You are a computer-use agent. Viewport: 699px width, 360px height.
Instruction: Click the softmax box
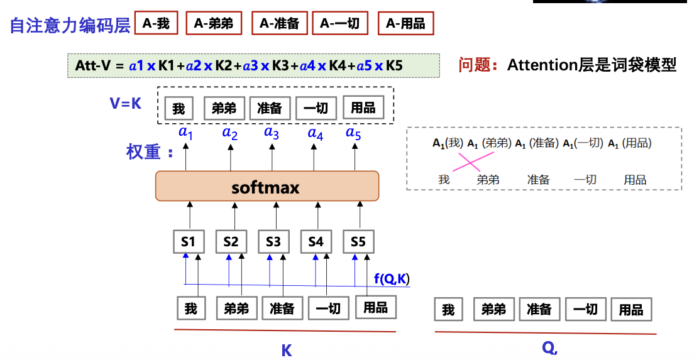[x=267, y=187]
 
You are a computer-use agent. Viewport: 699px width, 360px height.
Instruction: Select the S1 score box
[x=189, y=242]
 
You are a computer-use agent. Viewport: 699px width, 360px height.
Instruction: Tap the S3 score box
[x=273, y=242]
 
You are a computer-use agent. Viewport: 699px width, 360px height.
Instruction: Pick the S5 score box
[x=358, y=242]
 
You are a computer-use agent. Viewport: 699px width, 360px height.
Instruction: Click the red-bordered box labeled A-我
[x=157, y=24]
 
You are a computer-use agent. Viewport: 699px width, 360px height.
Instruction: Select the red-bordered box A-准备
[x=280, y=24]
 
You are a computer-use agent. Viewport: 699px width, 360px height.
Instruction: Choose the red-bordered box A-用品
[x=405, y=24]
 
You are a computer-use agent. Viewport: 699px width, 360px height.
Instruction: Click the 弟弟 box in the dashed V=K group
[x=224, y=108]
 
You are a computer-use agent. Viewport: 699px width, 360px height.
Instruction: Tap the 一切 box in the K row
[x=327, y=308]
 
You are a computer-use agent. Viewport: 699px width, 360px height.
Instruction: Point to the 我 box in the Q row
[x=448, y=310]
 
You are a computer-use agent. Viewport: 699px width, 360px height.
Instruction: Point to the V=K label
[x=126, y=104]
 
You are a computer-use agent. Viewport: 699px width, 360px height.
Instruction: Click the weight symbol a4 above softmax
[x=315, y=133]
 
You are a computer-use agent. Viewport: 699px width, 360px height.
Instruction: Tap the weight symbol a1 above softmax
[x=185, y=133]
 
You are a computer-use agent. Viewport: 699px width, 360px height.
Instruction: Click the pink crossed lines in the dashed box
[x=467, y=163]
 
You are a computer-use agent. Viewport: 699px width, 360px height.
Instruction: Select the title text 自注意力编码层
[x=70, y=25]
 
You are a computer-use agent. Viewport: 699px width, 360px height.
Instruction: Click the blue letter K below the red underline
[x=287, y=350]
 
